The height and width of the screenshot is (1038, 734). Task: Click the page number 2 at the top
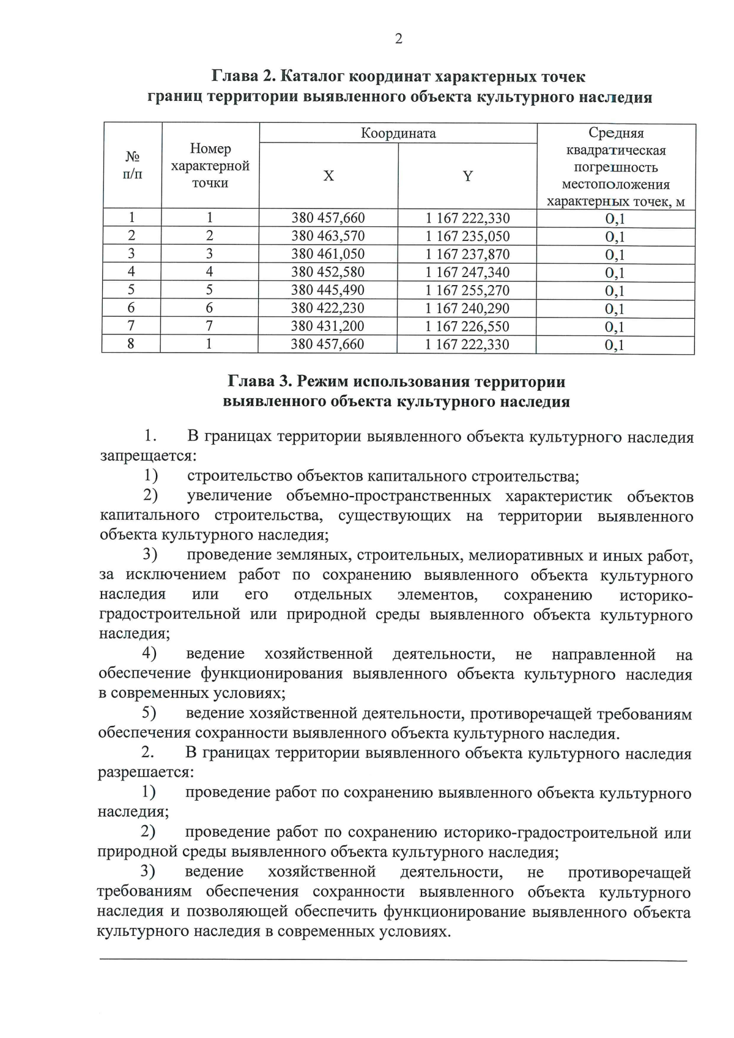click(399, 39)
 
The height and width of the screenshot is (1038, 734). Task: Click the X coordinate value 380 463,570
click(328, 236)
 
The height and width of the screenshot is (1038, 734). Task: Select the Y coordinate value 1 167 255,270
click(467, 290)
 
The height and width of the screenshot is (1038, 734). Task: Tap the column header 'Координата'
click(398, 133)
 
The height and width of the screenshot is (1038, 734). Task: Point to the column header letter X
click(328, 176)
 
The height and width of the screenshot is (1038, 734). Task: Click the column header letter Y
click(467, 176)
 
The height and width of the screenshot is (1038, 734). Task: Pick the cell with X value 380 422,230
click(328, 308)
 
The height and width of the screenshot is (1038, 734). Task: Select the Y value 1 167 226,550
click(467, 326)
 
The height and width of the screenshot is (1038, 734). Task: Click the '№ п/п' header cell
click(132, 165)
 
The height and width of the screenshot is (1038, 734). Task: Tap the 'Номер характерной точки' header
click(210, 166)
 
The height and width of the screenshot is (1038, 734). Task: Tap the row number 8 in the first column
click(131, 344)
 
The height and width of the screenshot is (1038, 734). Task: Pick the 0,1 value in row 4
click(615, 273)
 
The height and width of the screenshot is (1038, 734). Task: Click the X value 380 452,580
click(328, 272)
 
